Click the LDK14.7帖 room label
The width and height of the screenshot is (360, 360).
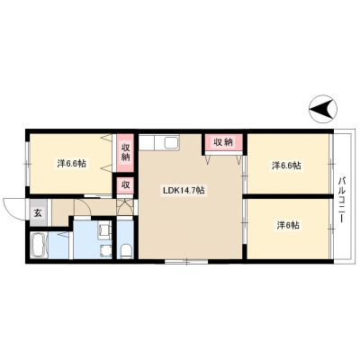pos(184,190)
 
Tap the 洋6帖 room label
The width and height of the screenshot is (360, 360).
pos(288,225)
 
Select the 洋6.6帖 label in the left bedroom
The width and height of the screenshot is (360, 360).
pos(72,164)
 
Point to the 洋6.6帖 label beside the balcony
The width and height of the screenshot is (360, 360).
pos(286,165)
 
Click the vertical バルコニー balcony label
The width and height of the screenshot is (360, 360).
pos(342,200)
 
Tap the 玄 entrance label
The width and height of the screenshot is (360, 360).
pos(38,213)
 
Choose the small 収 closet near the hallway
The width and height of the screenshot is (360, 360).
pos(125,185)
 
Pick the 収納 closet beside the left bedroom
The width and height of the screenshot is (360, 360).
pos(125,153)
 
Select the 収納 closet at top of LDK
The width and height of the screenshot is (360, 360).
pos(223,142)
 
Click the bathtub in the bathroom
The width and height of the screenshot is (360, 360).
pos(39,245)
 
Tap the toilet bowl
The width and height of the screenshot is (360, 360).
pos(126,251)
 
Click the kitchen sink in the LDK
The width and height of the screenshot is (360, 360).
pos(172,142)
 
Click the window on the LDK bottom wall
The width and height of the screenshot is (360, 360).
pos(186,262)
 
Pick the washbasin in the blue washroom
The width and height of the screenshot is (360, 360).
pos(106,251)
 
